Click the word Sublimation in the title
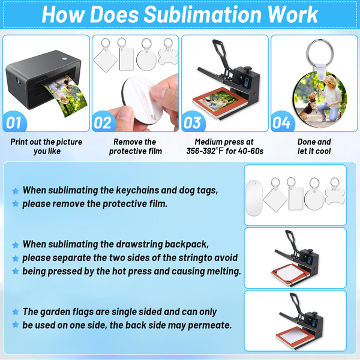[202, 14]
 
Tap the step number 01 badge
[14, 122]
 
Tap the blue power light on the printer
[65, 59]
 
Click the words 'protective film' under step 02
[136, 151]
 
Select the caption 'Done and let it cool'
[314, 146]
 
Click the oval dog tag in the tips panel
[254, 197]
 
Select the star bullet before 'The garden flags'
[16, 312]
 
